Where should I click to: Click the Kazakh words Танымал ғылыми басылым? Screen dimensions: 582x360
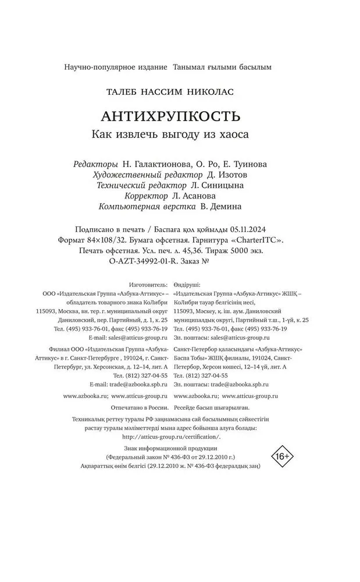click(x=222, y=67)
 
